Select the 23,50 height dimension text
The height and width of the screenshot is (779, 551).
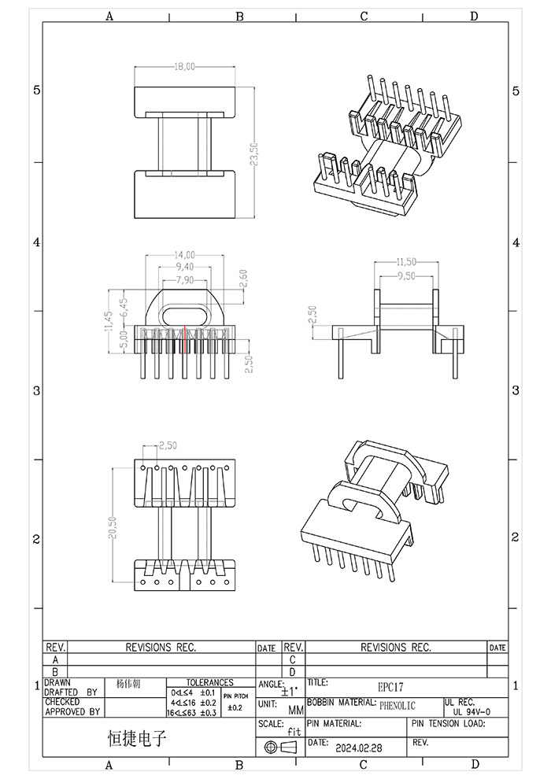pyautogui.click(x=253, y=153)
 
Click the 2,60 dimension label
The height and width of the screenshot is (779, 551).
pyautogui.click(x=243, y=279)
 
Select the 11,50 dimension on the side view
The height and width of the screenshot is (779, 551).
pyautogui.click(x=405, y=261)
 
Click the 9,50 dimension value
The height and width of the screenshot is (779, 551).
pyautogui.click(x=405, y=276)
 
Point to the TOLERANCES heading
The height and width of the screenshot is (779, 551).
pyautogui.click(x=209, y=682)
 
